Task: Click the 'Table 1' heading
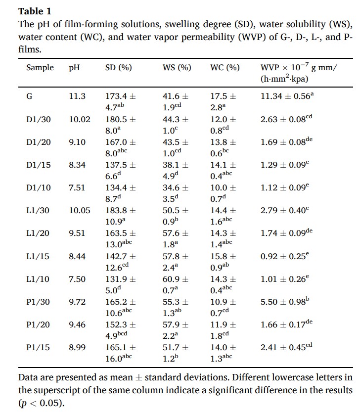pyautogui.click(x=34, y=11)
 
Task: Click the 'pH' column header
pyautogui.click(x=74, y=68)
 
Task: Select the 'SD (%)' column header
pyautogui.click(x=118, y=68)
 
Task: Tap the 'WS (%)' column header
pyautogui.click(x=177, y=68)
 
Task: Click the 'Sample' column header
pyautogui.click(x=40, y=68)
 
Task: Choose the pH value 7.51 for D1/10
pyautogui.click(x=77, y=188)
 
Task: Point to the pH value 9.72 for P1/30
pyautogui.click(x=77, y=302)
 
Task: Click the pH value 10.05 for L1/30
pyautogui.click(x=80, y=211)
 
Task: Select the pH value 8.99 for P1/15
pyautogui.click(x=77, y=347)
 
